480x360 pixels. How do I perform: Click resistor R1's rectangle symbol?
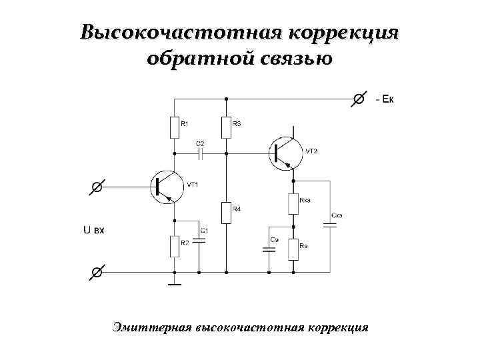[x=174, y=127]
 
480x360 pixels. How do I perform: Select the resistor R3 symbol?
[x=226, y=127]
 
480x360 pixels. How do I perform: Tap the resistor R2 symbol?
[x=174, y=247]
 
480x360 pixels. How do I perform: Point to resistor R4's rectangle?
[x=226, y=213]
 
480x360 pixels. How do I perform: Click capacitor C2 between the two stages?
[x=201, y=153]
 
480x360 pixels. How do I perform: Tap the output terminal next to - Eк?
[x=358, y=99]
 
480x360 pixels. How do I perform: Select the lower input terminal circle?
[x=97, y=272]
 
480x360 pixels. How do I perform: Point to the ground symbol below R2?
[x=174, y=285]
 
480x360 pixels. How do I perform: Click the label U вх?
[x=94, y=230]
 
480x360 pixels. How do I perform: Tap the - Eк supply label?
[x=385, y=100]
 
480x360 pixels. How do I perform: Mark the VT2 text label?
[x=312, y=151]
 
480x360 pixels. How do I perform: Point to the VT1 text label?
[x=193, y=185]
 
